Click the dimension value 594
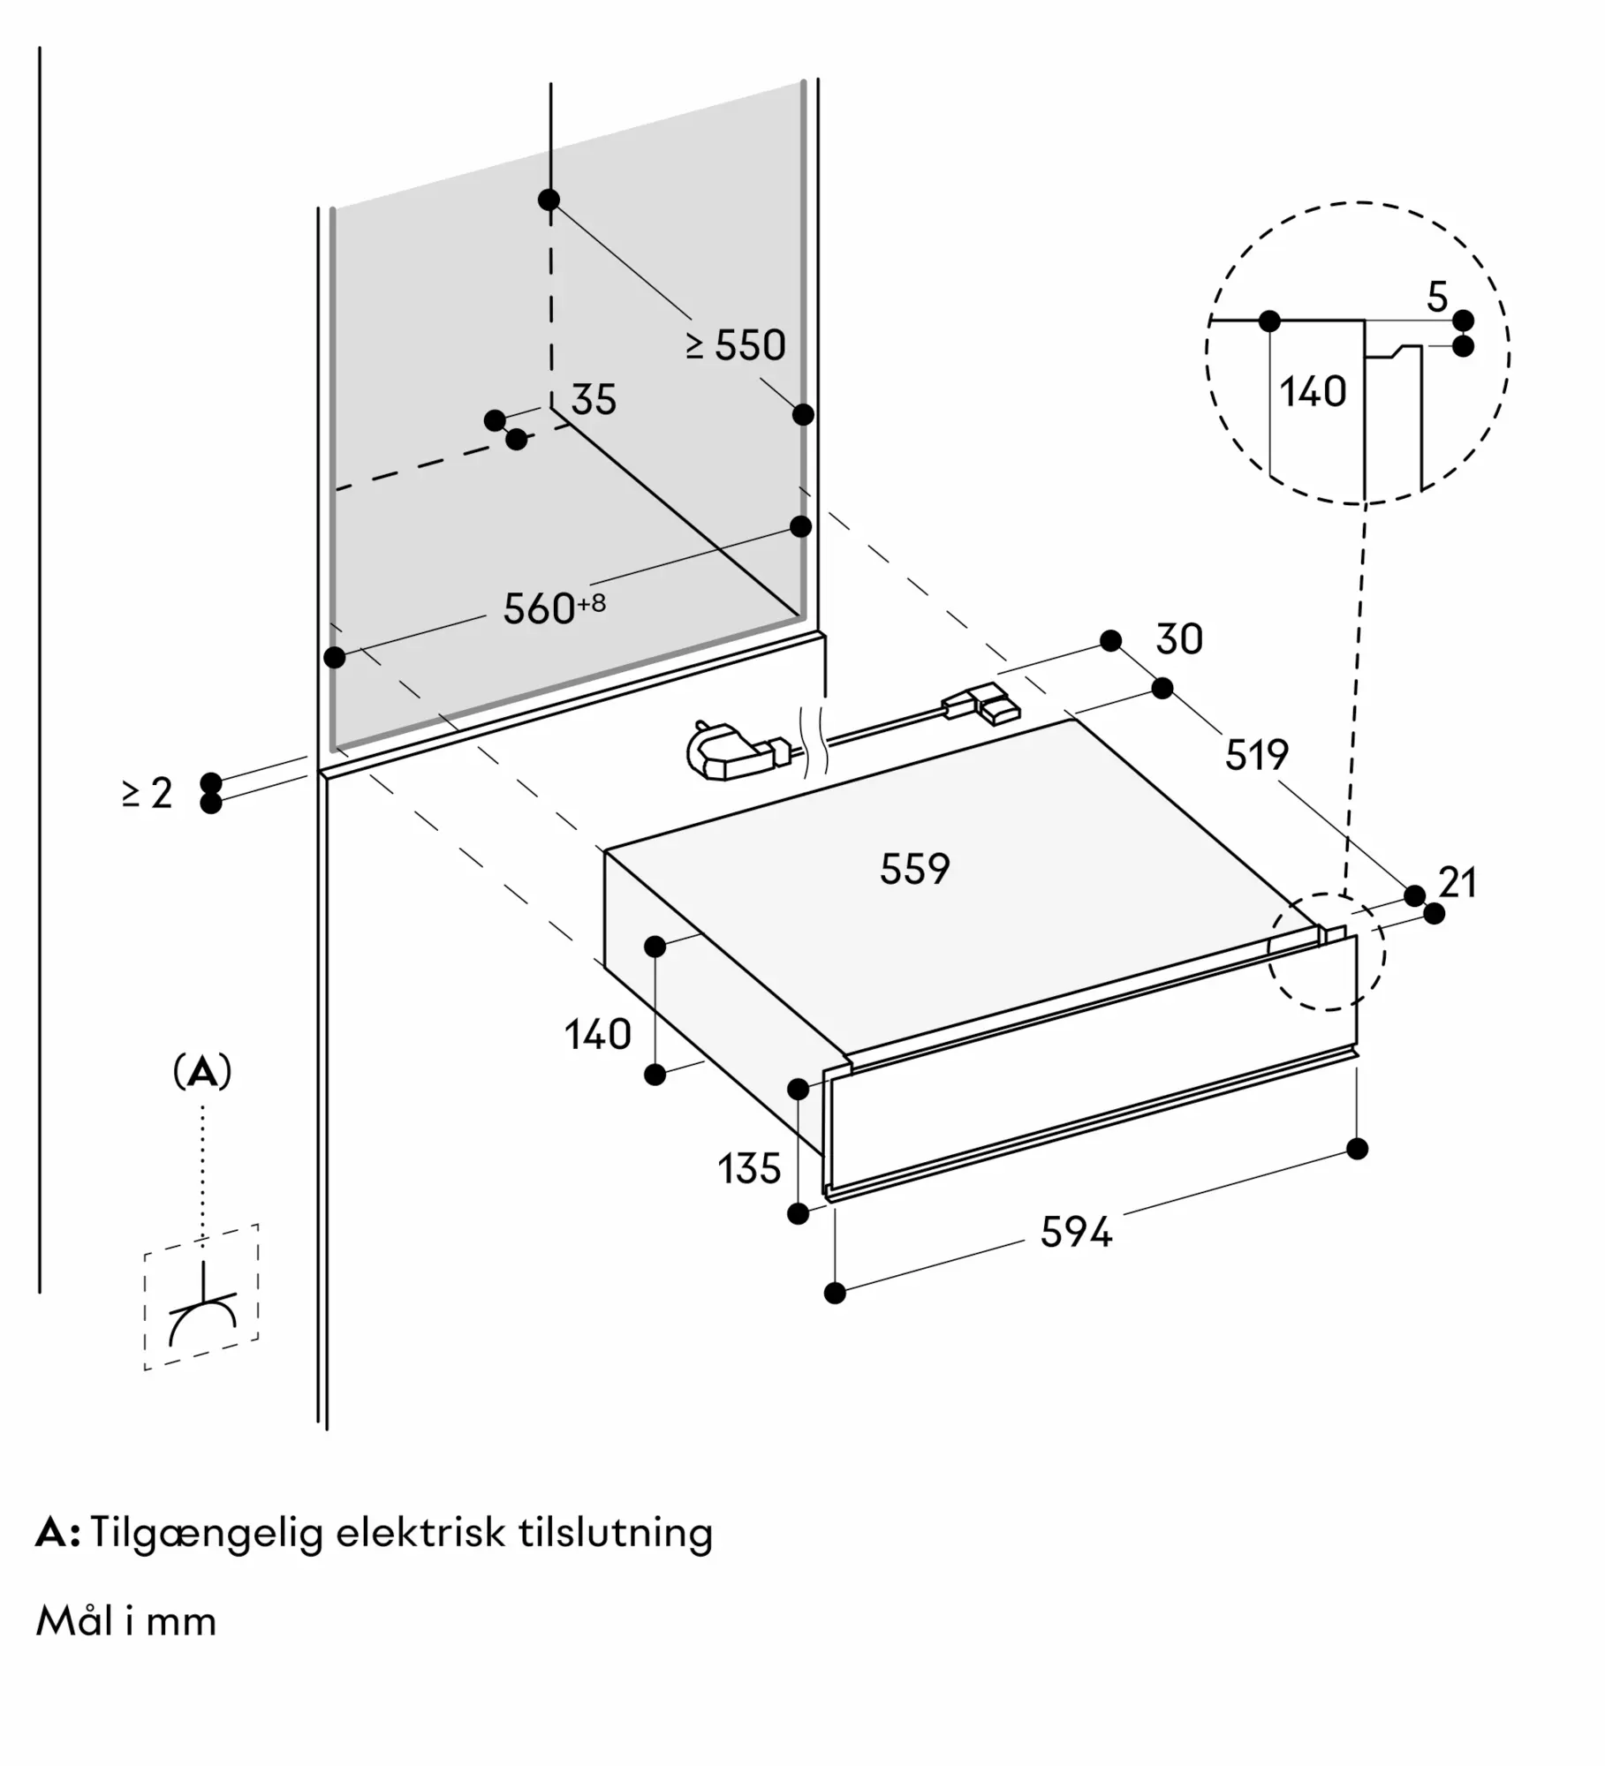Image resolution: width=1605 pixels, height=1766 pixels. (1075, 1232)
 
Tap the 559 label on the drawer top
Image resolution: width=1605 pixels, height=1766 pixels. (914, 869)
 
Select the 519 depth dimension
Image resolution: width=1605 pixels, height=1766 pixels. (1256, 755)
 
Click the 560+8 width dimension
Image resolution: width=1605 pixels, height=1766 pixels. (553, 608)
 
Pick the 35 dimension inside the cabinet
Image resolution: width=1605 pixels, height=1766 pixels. (593, 400)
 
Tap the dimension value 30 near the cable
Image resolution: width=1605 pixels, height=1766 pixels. (1178, 639)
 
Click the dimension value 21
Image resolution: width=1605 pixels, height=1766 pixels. (1457, 883)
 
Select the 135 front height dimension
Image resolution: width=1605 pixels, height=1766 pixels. (749, 1169)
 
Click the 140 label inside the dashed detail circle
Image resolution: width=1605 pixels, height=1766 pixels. (1313, 391)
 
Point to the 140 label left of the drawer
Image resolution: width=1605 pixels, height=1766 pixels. (598, 1034)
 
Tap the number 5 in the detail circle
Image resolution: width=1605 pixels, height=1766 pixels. (1437, 298)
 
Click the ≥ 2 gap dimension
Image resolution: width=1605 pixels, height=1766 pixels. (148, 793)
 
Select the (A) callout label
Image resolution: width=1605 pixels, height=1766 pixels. (202, 1072)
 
